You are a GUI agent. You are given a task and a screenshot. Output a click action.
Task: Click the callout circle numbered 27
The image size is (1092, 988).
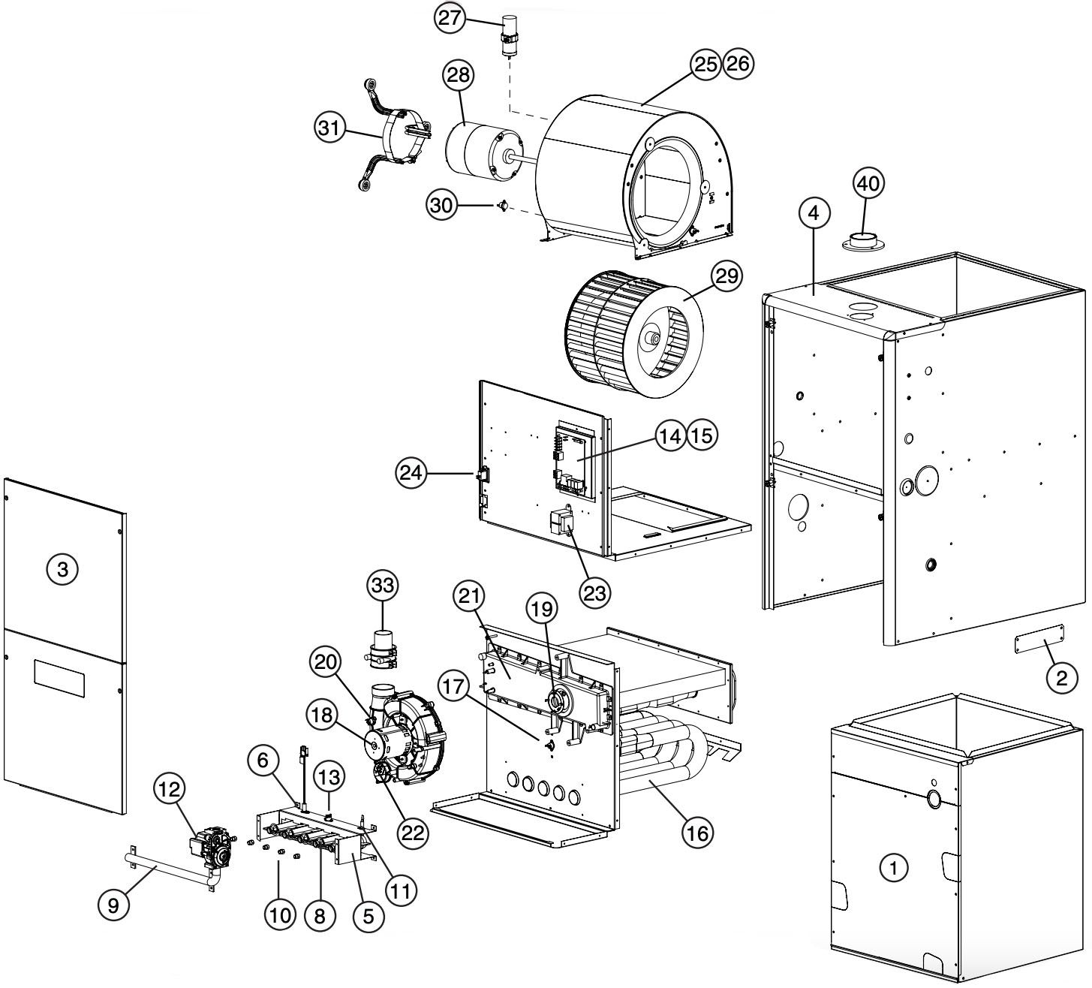450,19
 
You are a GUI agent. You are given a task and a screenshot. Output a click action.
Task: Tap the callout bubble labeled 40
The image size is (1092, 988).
870,182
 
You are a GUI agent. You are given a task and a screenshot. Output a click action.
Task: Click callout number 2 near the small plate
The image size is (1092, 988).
1061,679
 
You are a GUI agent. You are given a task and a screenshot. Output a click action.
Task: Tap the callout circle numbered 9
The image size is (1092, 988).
113,905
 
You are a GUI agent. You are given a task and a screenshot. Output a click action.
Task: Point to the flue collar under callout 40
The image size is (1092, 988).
863,243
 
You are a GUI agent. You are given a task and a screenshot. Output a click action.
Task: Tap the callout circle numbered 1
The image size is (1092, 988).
893,869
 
